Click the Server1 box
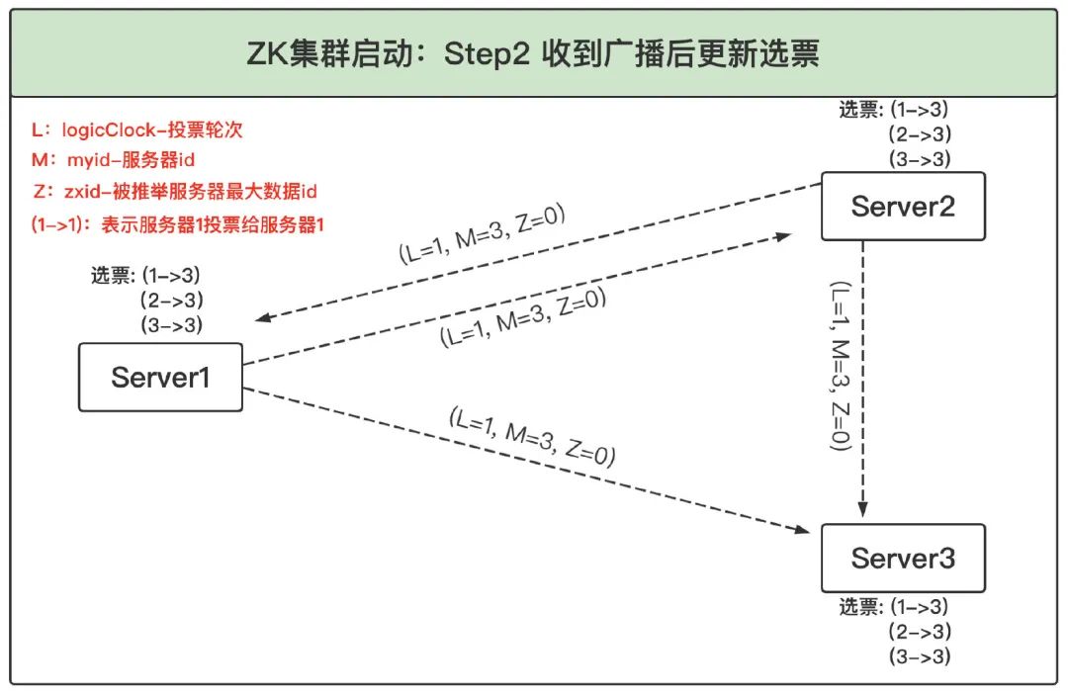point(161,377)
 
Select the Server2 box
point(903,207)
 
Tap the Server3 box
point(903,559)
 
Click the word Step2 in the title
point(487,53)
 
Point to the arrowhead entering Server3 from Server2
point(863,510)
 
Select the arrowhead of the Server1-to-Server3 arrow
point(802,529)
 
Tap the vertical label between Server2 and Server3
point(841,366)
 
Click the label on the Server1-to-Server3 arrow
point(532,438)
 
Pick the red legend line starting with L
point(136,130)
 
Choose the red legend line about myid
point(113,160)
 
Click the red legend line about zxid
point(175,192)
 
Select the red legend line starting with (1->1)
point(178,224)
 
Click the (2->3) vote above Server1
point(172,301)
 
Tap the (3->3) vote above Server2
point(920,159)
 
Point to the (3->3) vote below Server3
point(920,656)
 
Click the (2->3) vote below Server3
point(920,632)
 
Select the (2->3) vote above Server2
point(920,134)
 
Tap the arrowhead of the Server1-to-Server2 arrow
point(783,236)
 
